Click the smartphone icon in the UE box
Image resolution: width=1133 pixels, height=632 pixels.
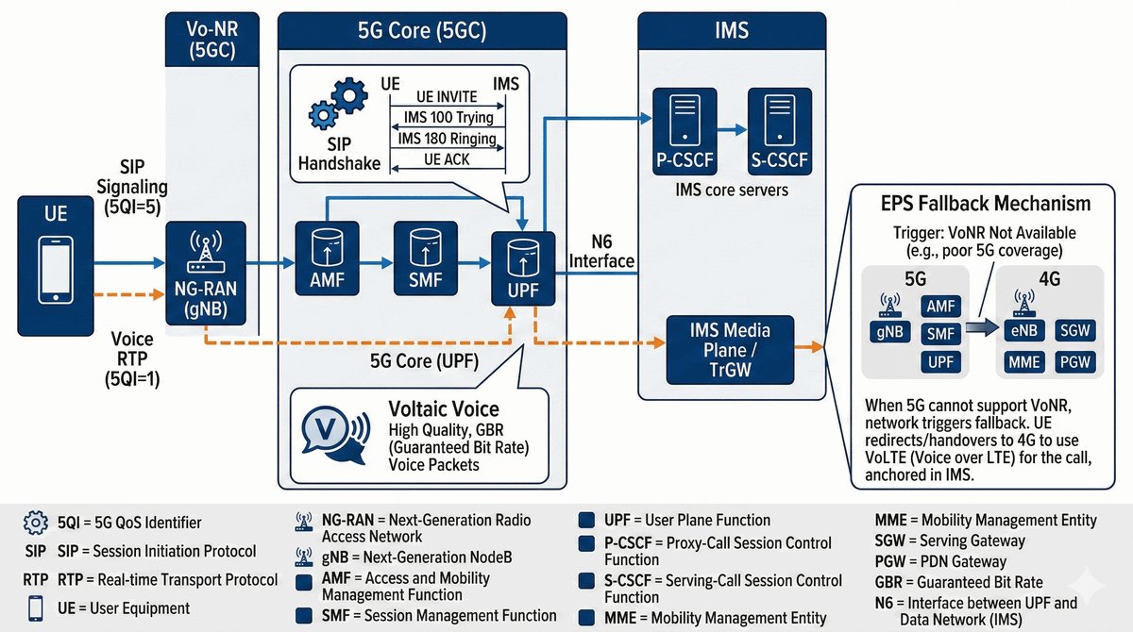(x=57, y=268)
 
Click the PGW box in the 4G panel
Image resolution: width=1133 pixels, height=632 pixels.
(x=1074, y=361)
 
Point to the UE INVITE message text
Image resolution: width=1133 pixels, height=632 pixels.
(x=446, y=98)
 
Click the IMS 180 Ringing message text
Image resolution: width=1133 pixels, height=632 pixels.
(x=447, y=139)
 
